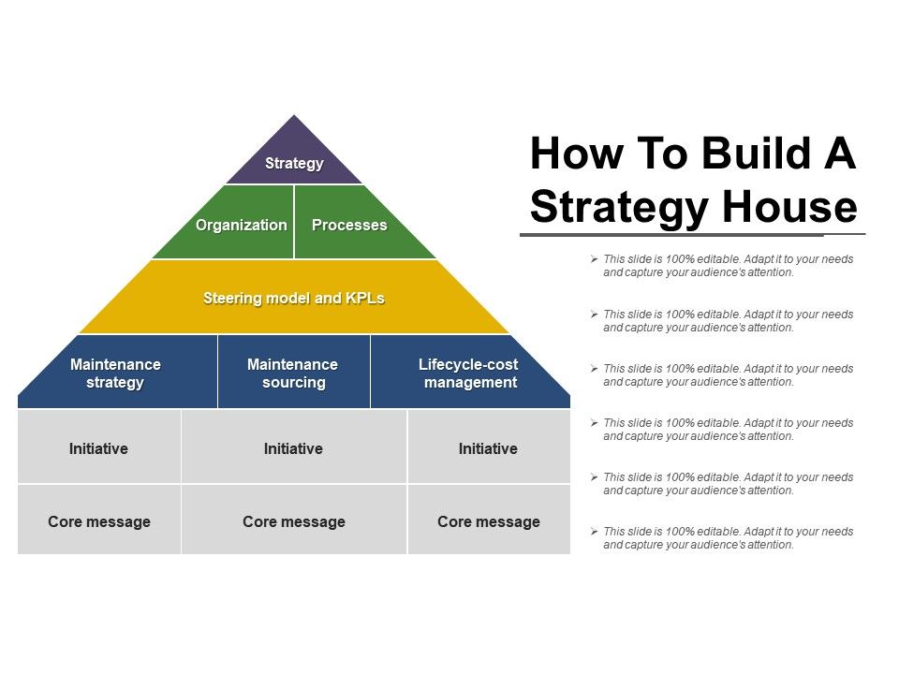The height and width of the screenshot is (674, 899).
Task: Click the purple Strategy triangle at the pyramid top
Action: click(294, 157)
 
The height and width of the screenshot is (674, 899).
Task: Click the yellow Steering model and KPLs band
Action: click(294, 297)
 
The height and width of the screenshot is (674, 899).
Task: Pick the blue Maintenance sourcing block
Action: click(294, 373)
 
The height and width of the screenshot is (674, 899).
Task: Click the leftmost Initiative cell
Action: click(98, 447)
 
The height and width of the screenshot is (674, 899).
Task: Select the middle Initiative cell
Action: click(294, 447)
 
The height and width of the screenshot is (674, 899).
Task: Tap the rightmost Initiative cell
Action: click(489, 447)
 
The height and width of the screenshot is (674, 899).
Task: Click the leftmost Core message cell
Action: click(98, 520)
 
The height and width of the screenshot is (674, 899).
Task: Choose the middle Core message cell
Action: click(294, 520)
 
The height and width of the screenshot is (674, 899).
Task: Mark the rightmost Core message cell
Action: click(489, 520)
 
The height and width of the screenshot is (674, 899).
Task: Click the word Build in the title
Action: click(756, 153)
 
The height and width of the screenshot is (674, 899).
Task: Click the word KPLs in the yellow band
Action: click(364, 298)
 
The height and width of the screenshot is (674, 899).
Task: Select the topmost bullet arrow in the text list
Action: click(594, 259)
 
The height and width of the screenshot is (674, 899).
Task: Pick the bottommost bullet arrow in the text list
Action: click(594, 532)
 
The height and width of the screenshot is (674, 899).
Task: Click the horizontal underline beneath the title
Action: click(693, 234)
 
